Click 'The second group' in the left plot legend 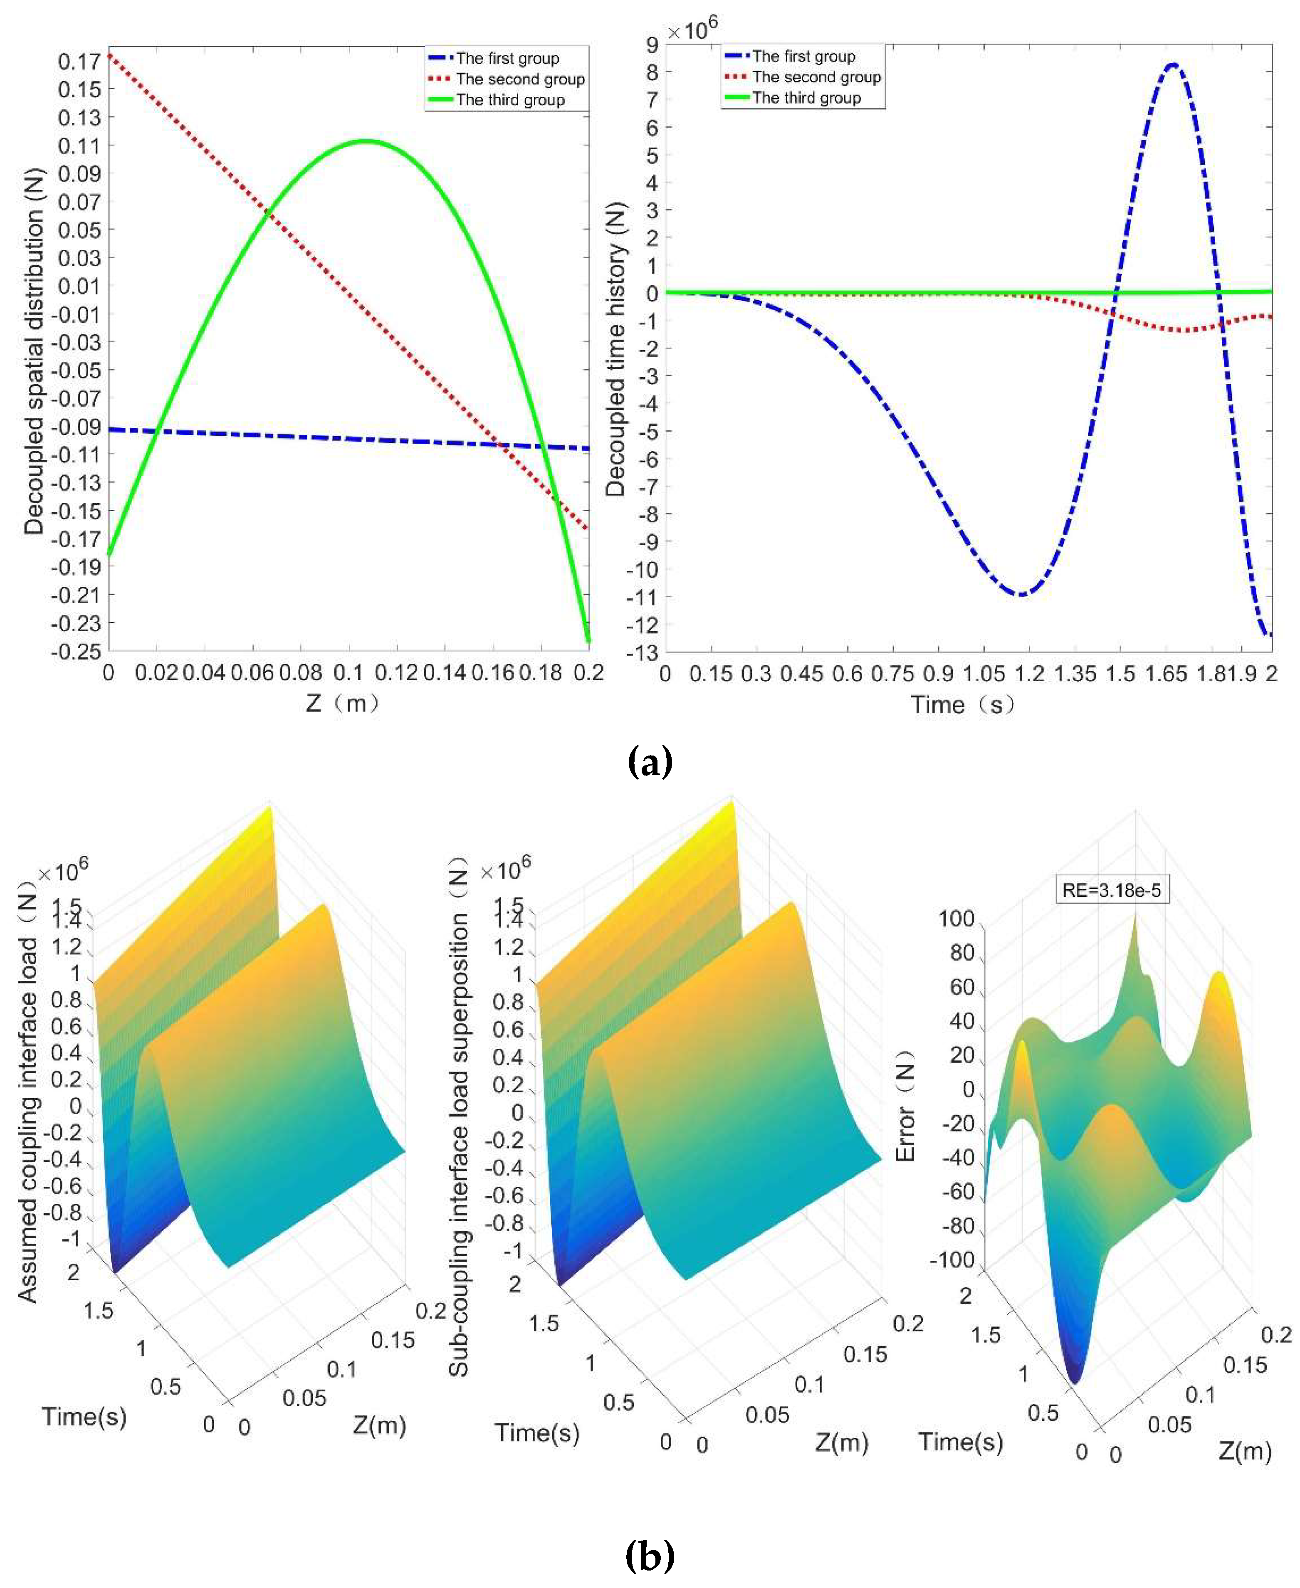tap(520, 79)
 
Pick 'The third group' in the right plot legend tap(806, 98)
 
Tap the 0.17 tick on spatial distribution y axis tap(79, 62)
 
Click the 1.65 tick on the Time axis tap(1166, 674)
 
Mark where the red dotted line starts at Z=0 tap(109, 55)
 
